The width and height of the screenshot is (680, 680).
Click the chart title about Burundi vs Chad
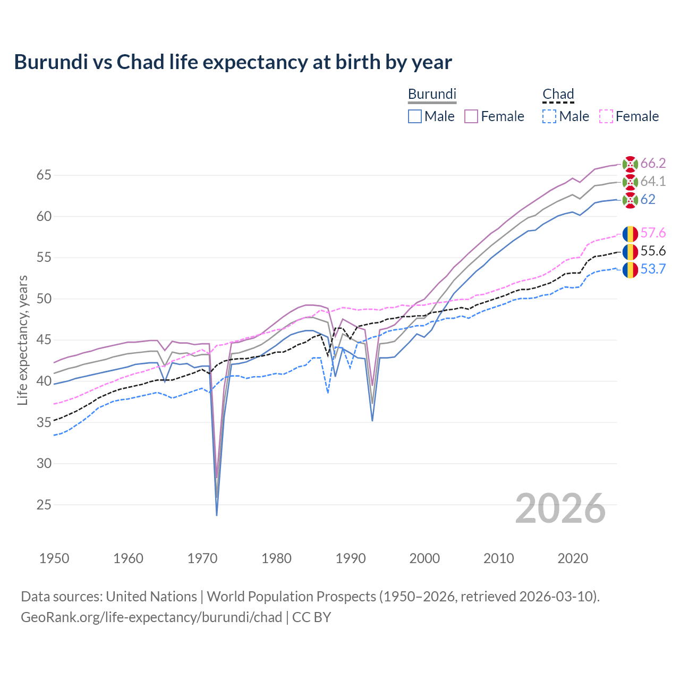pos(233,62)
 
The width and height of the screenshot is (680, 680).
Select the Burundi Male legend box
pos(415,116)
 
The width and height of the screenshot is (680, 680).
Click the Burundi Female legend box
pos(472,116)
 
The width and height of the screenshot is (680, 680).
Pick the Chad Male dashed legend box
pos(549,116)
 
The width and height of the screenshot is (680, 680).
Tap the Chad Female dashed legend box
pos(606,116)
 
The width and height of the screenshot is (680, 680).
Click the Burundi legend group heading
pos(432,94)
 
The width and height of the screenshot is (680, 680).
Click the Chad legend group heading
pos(558,94)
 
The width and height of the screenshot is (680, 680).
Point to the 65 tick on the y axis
pos(44,175)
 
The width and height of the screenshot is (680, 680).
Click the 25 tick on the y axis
pos(44,505)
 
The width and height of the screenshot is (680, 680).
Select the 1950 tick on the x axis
pos(54,558)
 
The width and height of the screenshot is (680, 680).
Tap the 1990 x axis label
pos(351,558)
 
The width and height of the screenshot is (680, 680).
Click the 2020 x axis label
pos(573,558)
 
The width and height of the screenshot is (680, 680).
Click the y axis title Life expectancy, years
pos(22,340)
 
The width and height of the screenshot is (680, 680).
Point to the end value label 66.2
pos(653,163)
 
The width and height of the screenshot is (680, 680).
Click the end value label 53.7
pos(653,269)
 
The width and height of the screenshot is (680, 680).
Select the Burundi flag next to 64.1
pos(630,182)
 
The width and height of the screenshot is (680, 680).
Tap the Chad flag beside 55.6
pos(630,251)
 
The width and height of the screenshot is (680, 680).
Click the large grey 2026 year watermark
pos(560,508)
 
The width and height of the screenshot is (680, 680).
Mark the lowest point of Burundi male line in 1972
pos(217,515)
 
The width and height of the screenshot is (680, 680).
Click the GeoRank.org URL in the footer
pos(151,617)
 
